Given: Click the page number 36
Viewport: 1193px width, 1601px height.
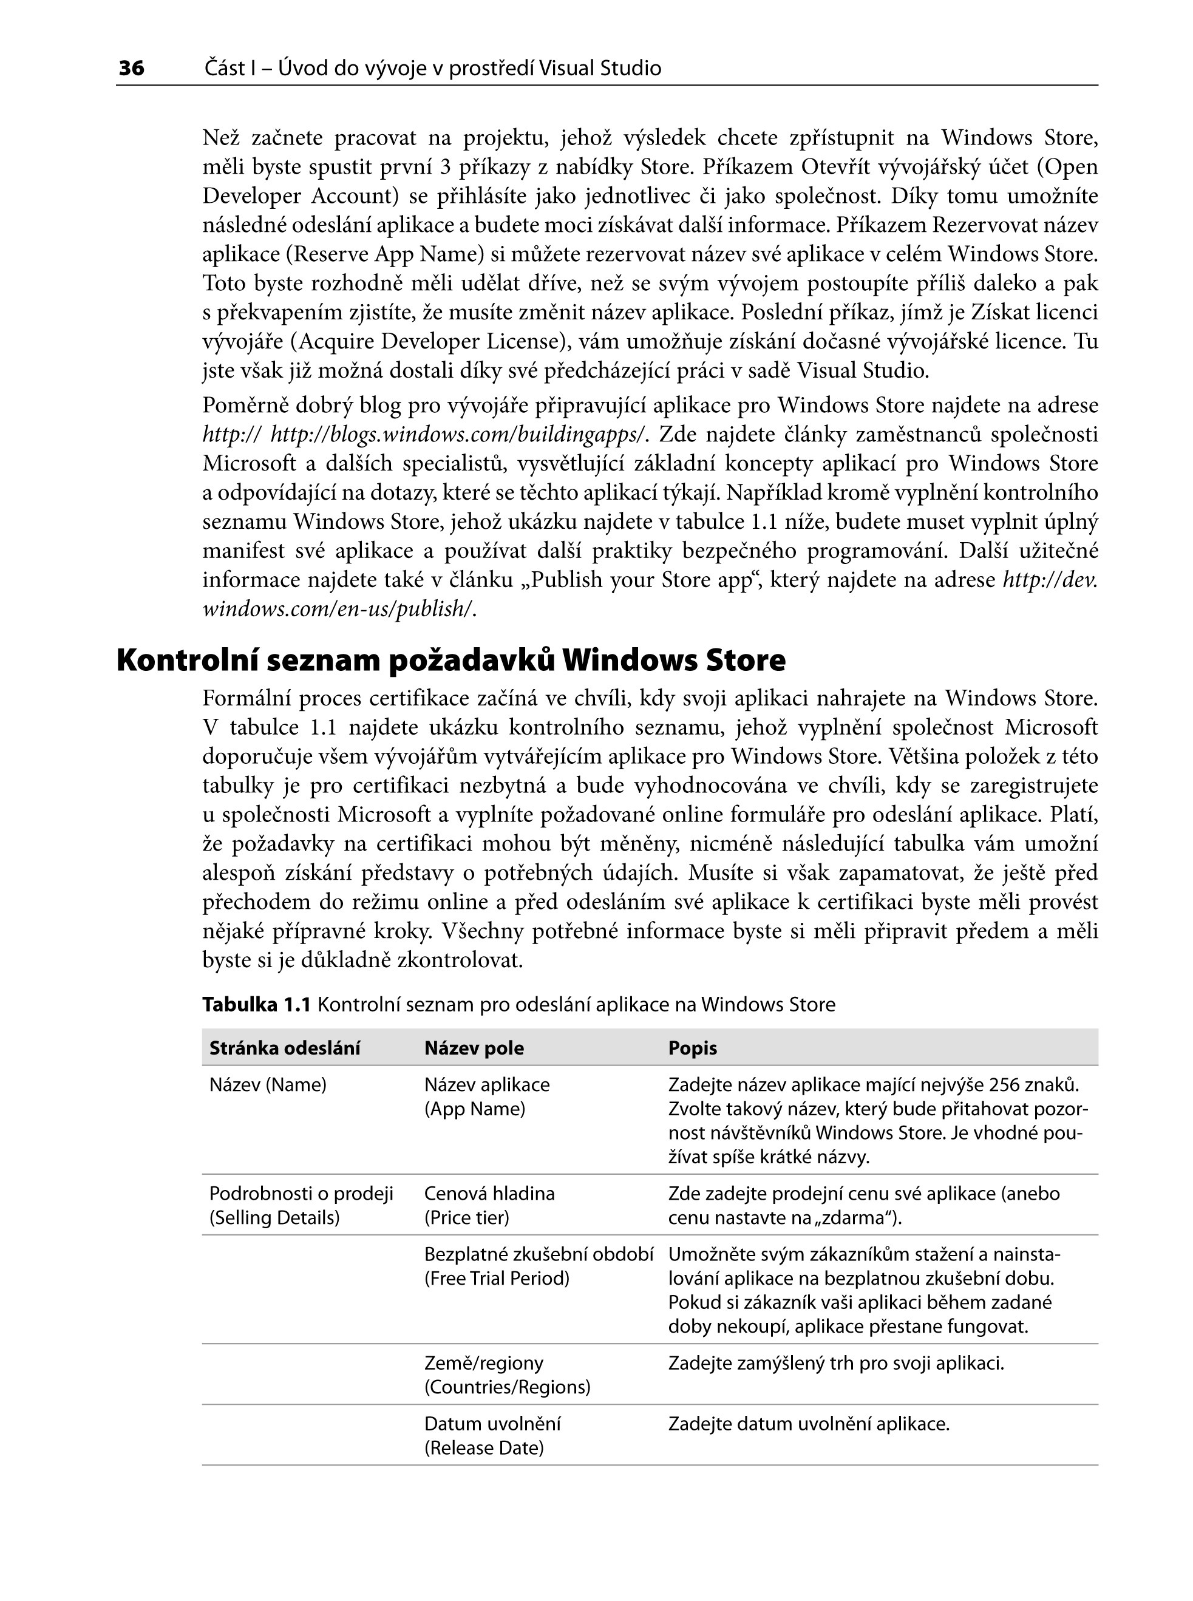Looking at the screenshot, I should [131, 69].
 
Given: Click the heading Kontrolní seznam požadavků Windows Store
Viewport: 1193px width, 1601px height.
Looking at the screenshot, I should [450, 660].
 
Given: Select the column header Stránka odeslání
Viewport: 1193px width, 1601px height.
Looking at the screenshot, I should [285, 1049].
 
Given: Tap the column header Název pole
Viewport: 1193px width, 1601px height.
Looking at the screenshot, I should [474, 1049].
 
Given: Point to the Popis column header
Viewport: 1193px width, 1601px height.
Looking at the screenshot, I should [693, 1049].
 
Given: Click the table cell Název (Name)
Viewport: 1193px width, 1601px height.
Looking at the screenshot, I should [268, 1086].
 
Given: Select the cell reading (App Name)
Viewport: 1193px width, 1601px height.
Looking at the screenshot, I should [474, 1109].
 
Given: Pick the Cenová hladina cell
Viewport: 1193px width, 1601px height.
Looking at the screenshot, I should [489, 1194].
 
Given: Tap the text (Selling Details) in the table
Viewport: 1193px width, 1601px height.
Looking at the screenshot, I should [274, 1219].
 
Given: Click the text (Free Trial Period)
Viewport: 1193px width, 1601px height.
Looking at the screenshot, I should [497, 1279].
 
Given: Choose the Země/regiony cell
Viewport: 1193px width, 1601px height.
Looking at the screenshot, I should [483, 1364].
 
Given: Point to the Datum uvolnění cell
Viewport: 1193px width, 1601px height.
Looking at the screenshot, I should [492, 1424].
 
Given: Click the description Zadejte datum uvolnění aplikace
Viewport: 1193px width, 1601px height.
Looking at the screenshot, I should [809, 1424].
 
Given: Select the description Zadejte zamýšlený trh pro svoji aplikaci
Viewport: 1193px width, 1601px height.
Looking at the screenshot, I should [836, 1364].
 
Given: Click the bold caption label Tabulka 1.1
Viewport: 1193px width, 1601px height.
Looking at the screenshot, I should [256, 1005].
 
